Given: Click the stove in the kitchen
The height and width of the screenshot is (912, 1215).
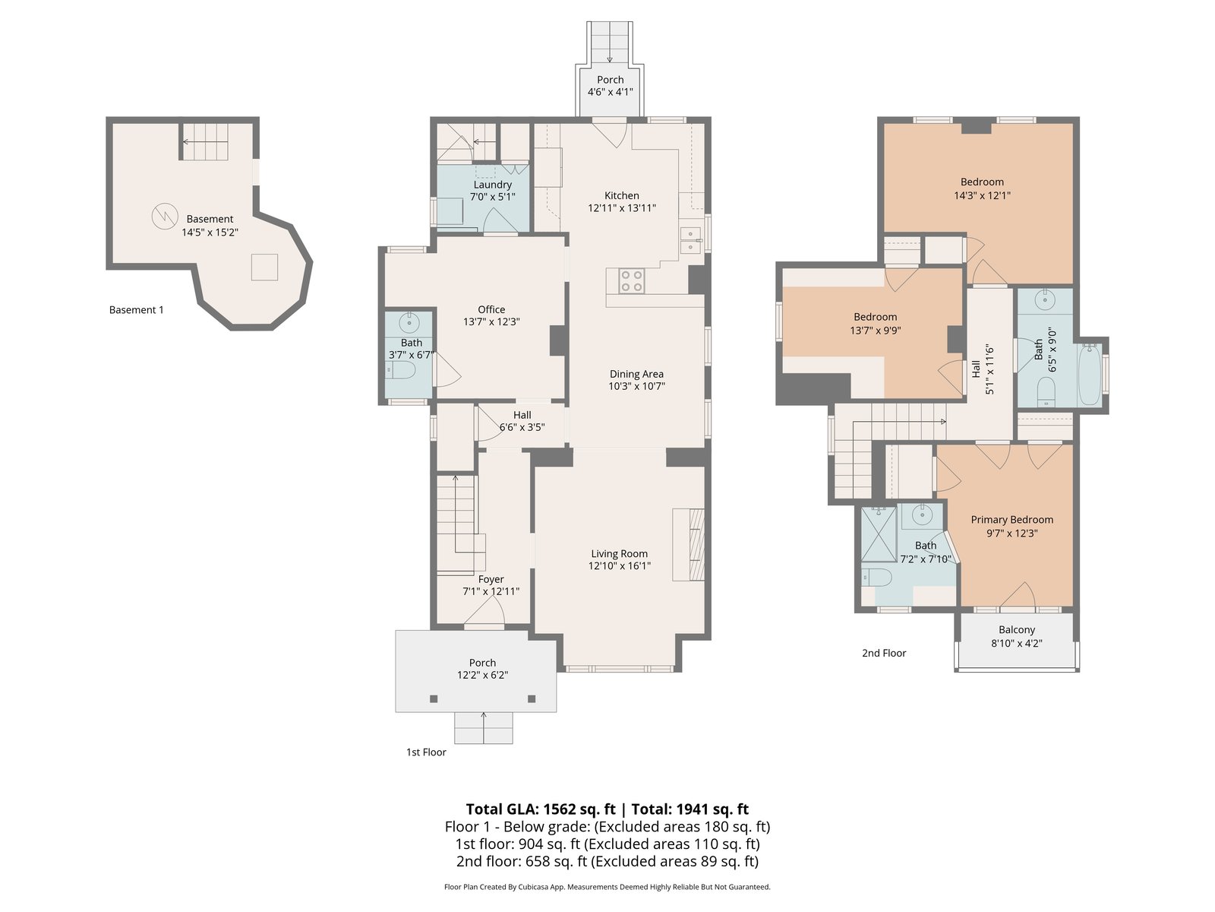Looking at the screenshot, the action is [632, 280].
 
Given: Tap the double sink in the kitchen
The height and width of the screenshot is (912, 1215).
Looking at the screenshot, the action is [690, 239].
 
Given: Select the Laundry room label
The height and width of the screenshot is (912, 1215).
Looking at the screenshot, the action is [492, 185].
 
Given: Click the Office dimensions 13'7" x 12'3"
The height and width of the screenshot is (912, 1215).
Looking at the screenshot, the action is [491, 321].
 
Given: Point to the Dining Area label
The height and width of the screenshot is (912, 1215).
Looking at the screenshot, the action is [636, 374].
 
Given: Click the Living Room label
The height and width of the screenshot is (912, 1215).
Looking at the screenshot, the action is [619, 553].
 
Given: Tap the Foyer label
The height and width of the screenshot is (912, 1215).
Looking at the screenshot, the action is [491, 579].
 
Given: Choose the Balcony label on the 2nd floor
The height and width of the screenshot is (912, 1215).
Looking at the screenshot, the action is [1017, 629].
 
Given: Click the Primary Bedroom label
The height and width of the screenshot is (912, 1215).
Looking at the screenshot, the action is [1011, 519].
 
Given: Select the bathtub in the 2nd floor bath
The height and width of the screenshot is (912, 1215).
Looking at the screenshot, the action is [1090, 375].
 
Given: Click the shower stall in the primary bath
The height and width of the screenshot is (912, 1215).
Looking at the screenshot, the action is [879, 534].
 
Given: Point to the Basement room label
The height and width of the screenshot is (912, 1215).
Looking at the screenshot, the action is [210, 219].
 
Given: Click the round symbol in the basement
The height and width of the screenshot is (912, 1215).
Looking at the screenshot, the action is [165, 216].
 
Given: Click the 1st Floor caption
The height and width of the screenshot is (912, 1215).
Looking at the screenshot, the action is [426, 752].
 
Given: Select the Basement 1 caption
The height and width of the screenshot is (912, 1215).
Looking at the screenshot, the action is [136, 310].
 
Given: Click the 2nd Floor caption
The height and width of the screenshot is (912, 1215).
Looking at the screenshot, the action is [884, 653].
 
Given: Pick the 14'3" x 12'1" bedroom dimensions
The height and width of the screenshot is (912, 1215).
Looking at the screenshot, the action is [982, 195].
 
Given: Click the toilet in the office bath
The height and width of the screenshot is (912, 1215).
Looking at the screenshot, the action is [400, 370].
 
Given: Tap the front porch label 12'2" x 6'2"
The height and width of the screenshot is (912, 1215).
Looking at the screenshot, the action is [483, 675].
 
